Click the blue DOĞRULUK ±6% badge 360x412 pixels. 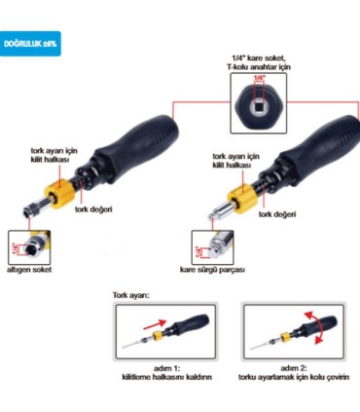pyautogui.click(x=30, y=45)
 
